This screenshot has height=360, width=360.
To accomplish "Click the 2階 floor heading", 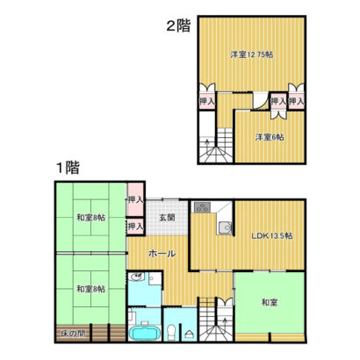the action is (178, 25).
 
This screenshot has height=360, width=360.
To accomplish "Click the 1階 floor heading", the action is (68, 168).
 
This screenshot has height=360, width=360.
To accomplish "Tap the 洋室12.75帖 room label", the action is (252, 54).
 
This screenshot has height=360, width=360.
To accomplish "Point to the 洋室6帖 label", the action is (270, 137).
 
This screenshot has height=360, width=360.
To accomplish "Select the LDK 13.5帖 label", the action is (272, 236).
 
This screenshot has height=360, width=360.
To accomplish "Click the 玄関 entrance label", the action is (167, 218).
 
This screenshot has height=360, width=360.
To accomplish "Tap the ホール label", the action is (162, 254).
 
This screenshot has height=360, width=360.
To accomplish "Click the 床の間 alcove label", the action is (73, 334).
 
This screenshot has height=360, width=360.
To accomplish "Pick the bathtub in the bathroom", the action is (145, 333).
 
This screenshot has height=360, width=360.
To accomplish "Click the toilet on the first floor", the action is (170, 333).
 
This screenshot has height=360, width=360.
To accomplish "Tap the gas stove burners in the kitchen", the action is (202, 208).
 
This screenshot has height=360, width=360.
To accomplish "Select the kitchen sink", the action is (225, 228).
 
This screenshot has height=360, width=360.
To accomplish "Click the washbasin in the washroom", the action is (136, 277).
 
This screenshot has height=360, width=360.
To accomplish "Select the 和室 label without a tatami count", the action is (270, 302).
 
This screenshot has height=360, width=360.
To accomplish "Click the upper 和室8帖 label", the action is (91, 218).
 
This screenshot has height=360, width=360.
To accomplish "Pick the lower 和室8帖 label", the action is (91, 289).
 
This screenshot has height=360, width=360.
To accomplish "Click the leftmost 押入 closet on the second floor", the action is (207, 101).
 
